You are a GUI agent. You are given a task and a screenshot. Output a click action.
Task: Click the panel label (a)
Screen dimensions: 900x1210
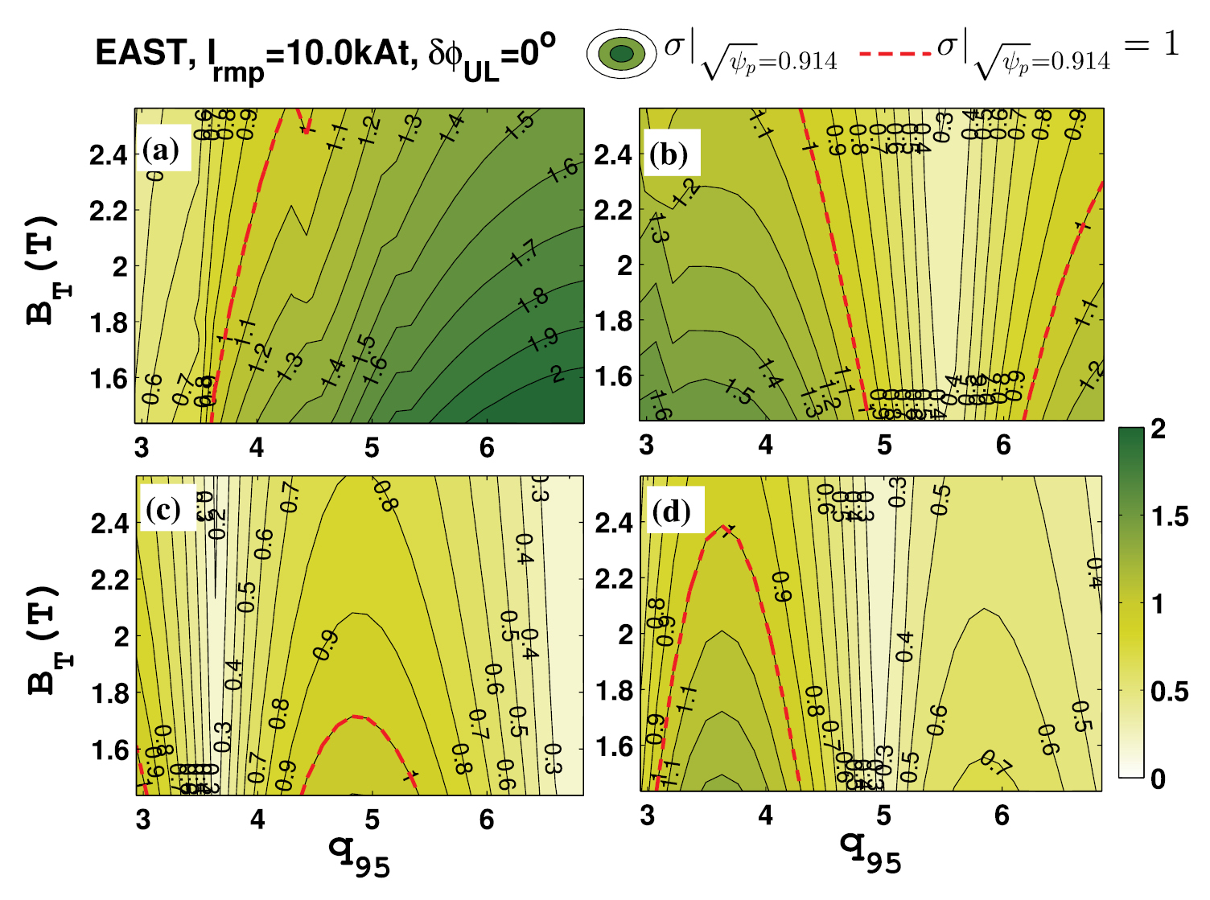tap(162, 150)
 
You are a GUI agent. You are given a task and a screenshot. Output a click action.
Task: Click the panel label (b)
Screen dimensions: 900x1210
tap(669, 154)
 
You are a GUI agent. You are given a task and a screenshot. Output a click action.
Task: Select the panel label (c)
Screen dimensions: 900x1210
tap(163, 510)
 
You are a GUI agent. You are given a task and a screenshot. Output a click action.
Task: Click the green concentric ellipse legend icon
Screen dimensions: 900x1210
tap(621, 54)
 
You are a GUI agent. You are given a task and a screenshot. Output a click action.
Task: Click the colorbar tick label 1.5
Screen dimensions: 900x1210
tap(1169, 516)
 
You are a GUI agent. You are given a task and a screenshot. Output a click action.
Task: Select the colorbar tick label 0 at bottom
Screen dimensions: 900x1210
tap(1158, 779)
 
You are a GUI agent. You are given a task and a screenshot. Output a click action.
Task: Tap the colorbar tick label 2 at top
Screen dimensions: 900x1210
tap(1158, 429)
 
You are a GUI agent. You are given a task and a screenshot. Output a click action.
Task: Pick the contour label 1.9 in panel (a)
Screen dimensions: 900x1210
tap(543, 339)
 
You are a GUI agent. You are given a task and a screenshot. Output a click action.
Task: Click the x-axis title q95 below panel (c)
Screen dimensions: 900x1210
tap(359, 854)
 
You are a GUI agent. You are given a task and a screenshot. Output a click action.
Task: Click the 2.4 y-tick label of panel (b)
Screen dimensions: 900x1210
tap(614, 154)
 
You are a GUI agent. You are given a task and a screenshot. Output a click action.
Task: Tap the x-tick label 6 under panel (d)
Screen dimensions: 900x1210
tap(1002, 816)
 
